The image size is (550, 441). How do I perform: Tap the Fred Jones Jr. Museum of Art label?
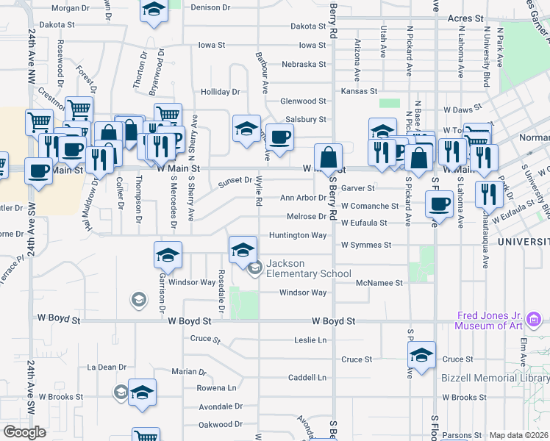point(490,320)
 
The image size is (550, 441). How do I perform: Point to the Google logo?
point(24,432)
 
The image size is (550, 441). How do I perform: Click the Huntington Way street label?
point(298,235)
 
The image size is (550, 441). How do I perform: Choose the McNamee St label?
point(379,282)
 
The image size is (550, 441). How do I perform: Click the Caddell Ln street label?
point(307,377)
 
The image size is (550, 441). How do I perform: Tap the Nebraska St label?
point(303,64)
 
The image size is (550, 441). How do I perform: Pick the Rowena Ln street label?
point(217,387)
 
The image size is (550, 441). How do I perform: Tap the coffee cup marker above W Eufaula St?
point(440,204)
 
